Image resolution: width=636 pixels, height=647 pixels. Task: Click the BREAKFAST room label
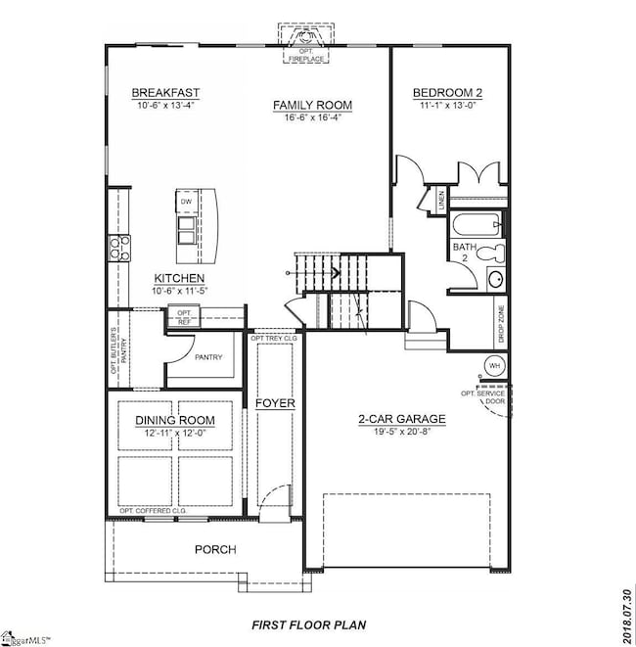click(x=159, y=94)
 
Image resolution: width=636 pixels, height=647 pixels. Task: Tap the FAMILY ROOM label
click(x=312, y=105)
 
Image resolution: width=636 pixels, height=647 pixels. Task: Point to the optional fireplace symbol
click(x=306, y=41)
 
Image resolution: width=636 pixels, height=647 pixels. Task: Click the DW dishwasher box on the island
click(x=186, y=202)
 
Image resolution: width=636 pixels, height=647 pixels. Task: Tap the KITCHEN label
click(x=178, y=278)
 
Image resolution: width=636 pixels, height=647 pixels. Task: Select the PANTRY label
click(x=209, y=356)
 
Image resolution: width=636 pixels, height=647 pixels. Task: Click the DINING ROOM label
click(x=175, y=421)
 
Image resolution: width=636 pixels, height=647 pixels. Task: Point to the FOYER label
click(x=275, y=403)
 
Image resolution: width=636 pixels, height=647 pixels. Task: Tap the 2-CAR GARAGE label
click(x=401, y=419)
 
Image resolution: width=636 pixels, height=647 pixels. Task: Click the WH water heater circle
click(x=494, y=366)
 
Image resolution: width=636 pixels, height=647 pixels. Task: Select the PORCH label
click(x=213, y=549)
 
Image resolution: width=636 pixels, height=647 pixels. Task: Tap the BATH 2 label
click(x=463, y=254)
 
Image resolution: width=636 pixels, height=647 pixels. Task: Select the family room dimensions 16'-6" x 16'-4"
click(x=312, y=117)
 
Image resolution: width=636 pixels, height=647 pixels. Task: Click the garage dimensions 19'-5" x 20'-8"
click(x=401, y=432)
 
